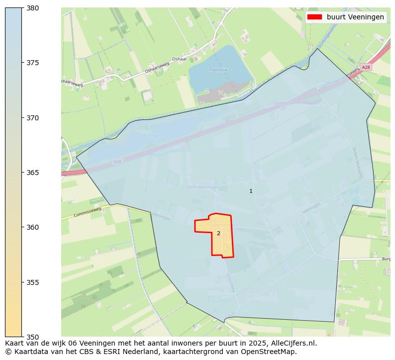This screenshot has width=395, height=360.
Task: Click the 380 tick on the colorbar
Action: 32,8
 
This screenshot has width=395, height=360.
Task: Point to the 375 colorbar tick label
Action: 32,63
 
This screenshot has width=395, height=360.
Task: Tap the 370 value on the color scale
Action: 32,118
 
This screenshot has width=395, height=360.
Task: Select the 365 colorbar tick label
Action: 32,173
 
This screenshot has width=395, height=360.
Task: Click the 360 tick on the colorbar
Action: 32,227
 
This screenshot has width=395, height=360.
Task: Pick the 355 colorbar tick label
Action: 32,282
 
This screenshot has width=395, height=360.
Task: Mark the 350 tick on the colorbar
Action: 32,337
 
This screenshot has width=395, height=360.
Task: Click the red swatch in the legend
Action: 314,17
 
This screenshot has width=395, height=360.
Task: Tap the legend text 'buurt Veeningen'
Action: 355,17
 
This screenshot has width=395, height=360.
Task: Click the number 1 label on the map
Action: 251,191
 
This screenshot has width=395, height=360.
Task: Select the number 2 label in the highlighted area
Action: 218,233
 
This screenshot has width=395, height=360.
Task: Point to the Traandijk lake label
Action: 218,70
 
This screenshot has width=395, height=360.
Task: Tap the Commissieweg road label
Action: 87,212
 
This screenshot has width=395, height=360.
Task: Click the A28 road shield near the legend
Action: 366,67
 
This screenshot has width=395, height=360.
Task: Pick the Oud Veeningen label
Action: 203,187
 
